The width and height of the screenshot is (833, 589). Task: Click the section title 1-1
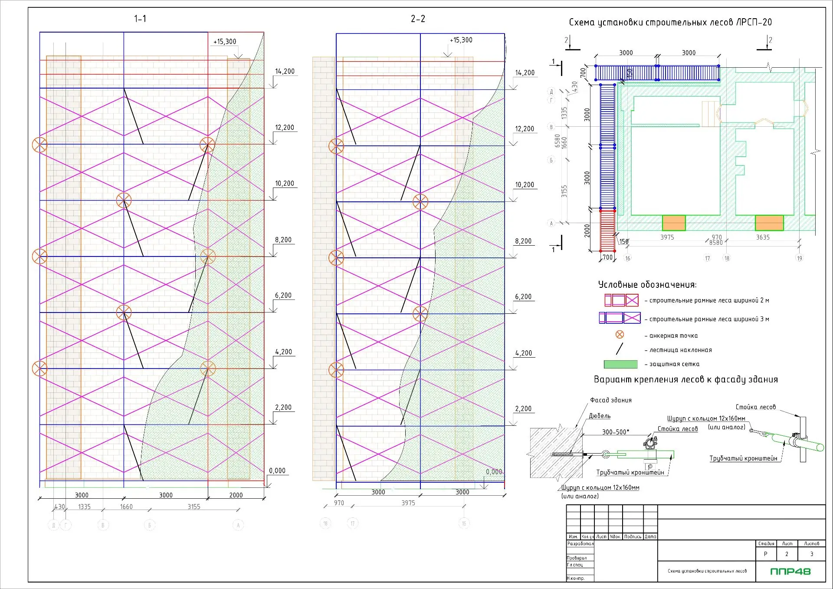tap(140, 19)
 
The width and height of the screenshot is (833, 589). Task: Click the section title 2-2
tap(418, 19)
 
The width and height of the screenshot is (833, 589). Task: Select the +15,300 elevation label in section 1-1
tap(225, 42)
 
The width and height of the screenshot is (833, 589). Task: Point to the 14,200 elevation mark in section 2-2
tap(525, 73)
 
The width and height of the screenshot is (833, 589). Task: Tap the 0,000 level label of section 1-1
tap(277, 471)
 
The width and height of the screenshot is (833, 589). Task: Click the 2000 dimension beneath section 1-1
tap(236, 495)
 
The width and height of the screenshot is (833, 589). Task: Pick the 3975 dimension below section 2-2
tap(408, 503)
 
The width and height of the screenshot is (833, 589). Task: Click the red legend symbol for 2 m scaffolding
tap(621, 300)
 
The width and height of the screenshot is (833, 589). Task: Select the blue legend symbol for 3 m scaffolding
tap(620, 318)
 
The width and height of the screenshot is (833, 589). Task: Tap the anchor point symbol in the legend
tap(620, 335)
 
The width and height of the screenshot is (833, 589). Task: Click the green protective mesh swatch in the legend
tap(620, 364)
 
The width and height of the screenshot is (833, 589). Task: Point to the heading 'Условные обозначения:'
tap(647, 285)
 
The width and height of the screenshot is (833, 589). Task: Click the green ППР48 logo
tap(790, 571)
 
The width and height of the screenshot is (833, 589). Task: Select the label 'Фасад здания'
tap(610, 400)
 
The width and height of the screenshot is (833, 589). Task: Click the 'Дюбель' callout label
tap(600, 416)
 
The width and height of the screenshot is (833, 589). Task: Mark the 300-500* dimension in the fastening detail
tap(615, 432)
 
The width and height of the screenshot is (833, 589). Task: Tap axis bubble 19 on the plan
tap(799, 258)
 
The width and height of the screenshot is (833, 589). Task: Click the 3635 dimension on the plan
tap(763, 237)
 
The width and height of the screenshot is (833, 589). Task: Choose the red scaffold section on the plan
tap(607, 230)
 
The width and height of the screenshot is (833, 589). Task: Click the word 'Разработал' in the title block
tap(580, 543)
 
